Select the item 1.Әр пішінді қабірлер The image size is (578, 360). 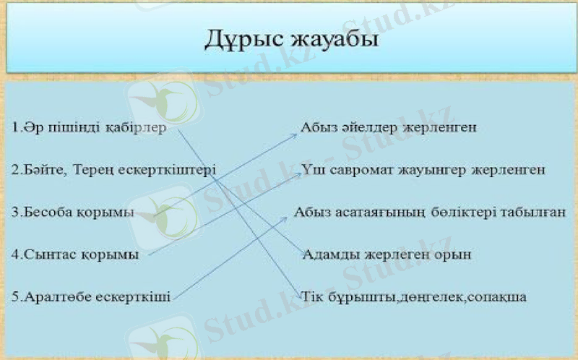90,128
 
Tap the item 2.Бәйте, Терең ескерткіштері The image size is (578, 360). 114,170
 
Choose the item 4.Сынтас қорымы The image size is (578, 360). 76,254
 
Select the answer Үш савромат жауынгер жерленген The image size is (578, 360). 423,170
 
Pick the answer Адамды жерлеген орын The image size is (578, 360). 387,254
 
